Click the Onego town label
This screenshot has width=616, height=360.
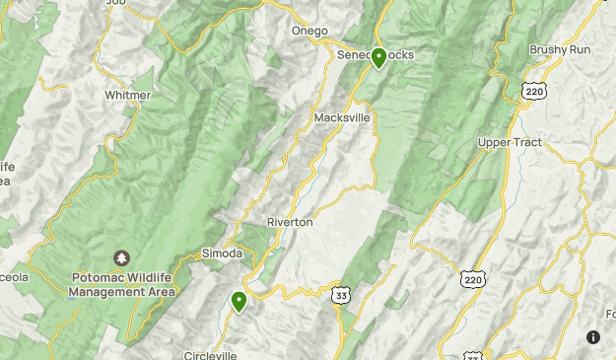point(308,31)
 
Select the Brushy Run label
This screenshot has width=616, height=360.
point(558,49)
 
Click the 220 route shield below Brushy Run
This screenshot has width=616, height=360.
point(533,90)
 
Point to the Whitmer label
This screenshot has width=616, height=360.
point(128,96)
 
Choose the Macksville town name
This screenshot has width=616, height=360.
point(342,117)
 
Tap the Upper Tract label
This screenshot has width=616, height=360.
point(510,143)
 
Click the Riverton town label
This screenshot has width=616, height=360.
point(290,222)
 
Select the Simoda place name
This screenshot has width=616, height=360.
point(222,253)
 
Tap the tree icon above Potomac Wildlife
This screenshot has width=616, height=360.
point(122,258)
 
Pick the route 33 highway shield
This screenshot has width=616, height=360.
point(341,295)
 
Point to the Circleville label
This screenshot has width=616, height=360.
point(211,355)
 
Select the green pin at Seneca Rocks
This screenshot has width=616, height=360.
point(378,58)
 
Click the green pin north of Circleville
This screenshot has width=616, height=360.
point(239,301)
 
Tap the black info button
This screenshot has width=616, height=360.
point(593,337)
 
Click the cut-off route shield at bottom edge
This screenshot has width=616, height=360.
point(472,355)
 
